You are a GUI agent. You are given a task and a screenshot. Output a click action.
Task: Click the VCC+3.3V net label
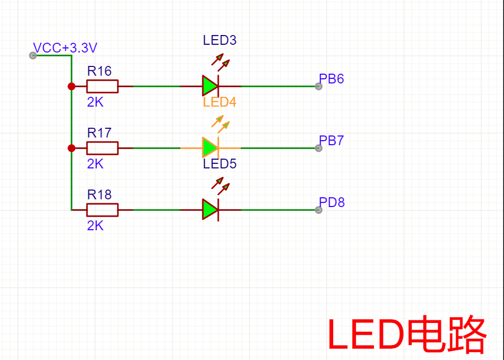(x=65, y=48)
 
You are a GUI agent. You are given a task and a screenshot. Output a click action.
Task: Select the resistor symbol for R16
(x=102, y=87)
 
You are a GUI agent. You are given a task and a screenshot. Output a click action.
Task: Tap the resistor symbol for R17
(x=102, y=148)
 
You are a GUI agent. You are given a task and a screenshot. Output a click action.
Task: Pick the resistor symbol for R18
(x=102, y=210)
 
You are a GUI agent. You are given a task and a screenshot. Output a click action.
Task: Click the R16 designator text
(x=99, y=71)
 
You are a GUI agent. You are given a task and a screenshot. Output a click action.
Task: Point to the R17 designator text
(x=99, y=133)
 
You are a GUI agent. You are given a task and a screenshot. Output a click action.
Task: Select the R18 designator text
(x=99, y=195)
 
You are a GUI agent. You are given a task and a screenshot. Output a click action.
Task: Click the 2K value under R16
(x=95, y=102)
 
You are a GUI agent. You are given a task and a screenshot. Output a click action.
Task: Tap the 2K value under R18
(x=95, y=226)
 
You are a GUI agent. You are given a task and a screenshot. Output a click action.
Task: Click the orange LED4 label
(x=219, y=102)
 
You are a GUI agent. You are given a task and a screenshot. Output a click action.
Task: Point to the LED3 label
(x=219, y=40)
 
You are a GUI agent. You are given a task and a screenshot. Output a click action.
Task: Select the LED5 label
(x=219, y=164)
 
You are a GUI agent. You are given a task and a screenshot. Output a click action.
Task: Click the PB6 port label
(x=332, y=79)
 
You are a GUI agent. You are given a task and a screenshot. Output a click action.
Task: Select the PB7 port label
(x=332, y=141)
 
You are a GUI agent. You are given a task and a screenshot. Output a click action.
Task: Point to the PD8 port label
(x=332, y=202)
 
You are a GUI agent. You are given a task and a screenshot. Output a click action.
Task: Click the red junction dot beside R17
(x=72, y=148)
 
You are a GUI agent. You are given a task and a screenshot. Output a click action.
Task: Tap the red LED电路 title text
(x=407, y=335)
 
